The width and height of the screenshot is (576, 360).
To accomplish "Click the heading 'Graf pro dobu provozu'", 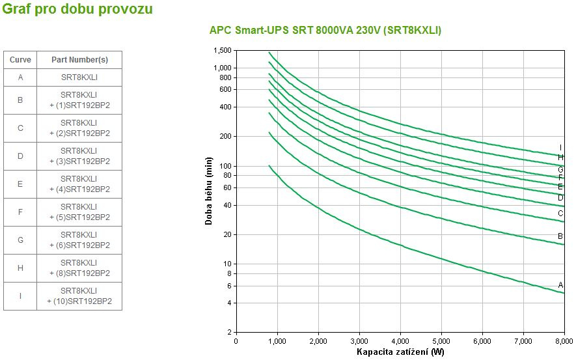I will point(78,10).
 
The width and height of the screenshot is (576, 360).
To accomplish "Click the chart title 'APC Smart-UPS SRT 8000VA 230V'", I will point(325,31).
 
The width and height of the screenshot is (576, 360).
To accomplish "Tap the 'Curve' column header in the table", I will point(20,60).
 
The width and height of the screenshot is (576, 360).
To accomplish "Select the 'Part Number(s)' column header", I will point(79,60).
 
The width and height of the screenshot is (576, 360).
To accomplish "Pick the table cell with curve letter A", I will point(20,77).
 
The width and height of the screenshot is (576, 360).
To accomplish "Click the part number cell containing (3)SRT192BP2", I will point(79,156).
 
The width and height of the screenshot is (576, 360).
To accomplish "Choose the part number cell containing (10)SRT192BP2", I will point(79,296).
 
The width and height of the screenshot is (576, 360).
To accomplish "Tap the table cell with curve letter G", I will point(20,240).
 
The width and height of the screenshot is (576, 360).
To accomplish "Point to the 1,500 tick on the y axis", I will point(222,50).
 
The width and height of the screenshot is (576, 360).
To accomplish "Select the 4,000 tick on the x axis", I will point(400,341).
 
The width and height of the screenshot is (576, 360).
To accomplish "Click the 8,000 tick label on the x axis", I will point(564,341).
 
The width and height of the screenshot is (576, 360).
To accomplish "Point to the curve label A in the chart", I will point(560,285).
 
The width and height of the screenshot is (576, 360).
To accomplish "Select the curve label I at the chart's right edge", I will point(560,148).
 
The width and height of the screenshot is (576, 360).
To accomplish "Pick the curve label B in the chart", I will point(560,236).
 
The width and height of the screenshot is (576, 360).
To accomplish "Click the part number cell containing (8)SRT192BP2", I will point(79,268).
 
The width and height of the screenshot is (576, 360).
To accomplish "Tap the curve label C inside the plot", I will point(560,214).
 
